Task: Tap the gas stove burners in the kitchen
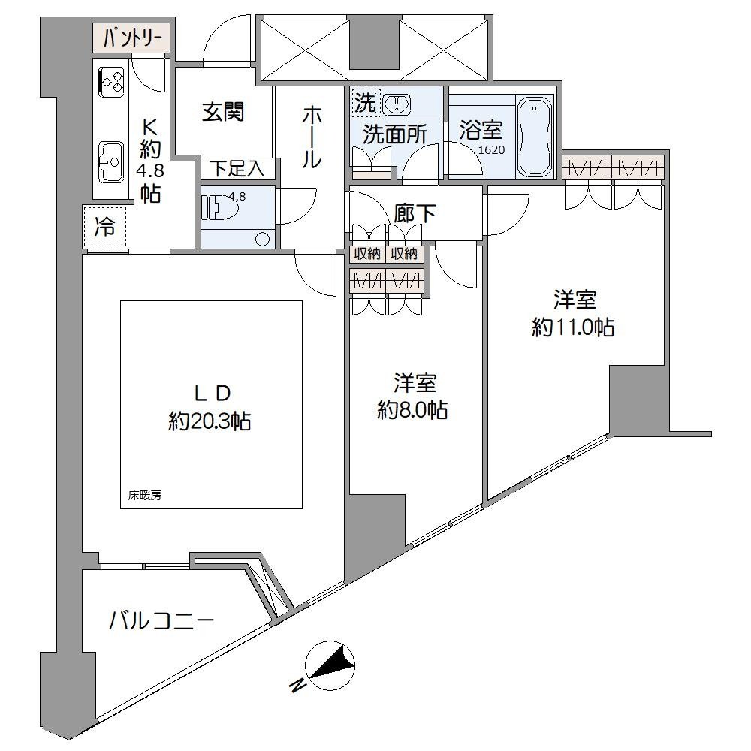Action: (112, 80)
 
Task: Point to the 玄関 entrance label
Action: (223, 112)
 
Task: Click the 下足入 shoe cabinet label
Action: (237, 169)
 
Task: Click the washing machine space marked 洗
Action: (365, 103)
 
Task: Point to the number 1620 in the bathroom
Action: (492, 150)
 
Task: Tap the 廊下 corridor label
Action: (415, 213)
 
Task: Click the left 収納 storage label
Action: (367, 254)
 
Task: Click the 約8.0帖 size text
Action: (413, 410)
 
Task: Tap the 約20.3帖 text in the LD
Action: (210, 421)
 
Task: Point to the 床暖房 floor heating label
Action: (145, 496)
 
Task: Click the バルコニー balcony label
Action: (162, 620)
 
